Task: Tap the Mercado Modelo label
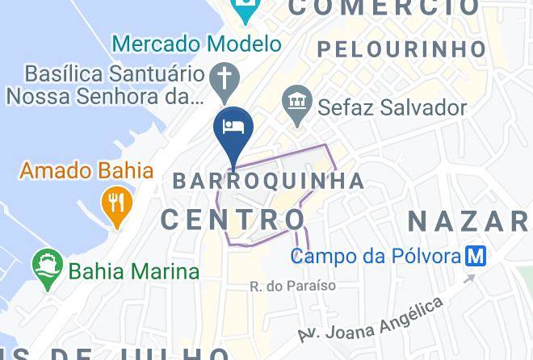click(197, 43)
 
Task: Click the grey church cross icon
click(223, 80)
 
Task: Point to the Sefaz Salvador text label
click(392, 107)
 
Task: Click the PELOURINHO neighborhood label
click(401, 49)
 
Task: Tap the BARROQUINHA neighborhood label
click(269, 180)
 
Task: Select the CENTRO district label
click(233, 219)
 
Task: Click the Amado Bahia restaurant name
click(86, 170)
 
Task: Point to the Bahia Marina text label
click(134, 270)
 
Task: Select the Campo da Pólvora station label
click(375, 257)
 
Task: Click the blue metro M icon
click(476, 257)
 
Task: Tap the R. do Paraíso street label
click(292, 286)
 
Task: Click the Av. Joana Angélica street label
click(371, 320)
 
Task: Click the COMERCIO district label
click(384, 8)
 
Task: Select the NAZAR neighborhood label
click(468, 220)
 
